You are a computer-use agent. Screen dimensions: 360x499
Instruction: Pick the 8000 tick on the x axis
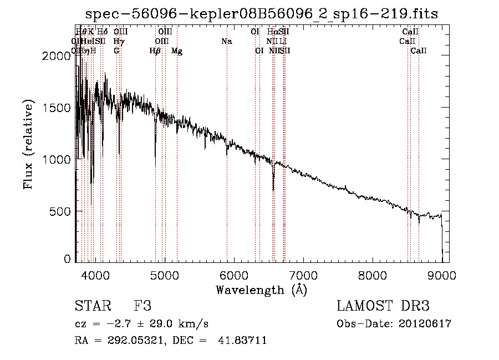[372, 275]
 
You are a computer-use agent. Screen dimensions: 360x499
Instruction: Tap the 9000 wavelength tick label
[441, 275]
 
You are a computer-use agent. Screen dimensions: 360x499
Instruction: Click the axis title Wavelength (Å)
[261, 290]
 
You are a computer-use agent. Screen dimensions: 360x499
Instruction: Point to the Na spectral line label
[226, 41]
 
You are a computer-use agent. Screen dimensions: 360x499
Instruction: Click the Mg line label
[177, 51]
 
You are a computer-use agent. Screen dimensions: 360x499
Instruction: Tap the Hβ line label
[155, 51]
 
